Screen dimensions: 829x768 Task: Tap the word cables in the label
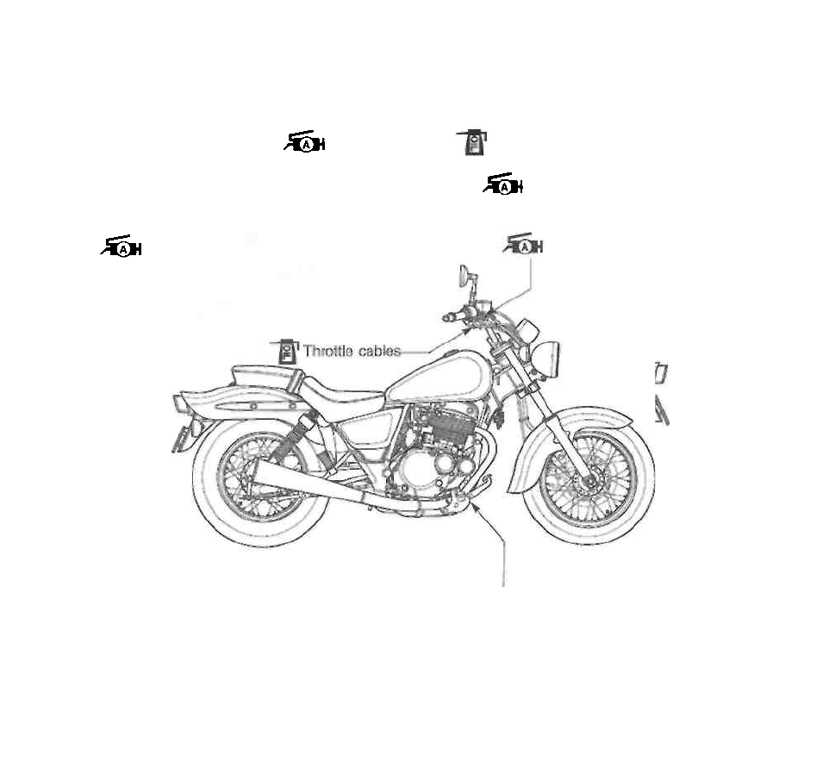(x=379, y=351)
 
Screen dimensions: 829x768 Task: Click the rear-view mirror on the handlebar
(x=464, y=278)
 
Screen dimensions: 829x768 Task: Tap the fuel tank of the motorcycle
(x=440, y=377)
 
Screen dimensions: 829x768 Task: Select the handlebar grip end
(x=447, y=318)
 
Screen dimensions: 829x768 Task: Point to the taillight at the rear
(x=181, y=403)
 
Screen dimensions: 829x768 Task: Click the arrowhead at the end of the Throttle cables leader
(x=469, y=330)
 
